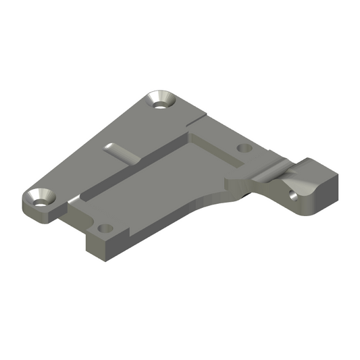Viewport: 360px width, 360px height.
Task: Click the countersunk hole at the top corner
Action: click(162, 101)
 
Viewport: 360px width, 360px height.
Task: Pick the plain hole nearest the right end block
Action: click(245, 147)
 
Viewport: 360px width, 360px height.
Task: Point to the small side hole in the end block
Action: click(292, 196)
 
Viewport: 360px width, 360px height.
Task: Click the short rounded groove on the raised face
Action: click(122, 153)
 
